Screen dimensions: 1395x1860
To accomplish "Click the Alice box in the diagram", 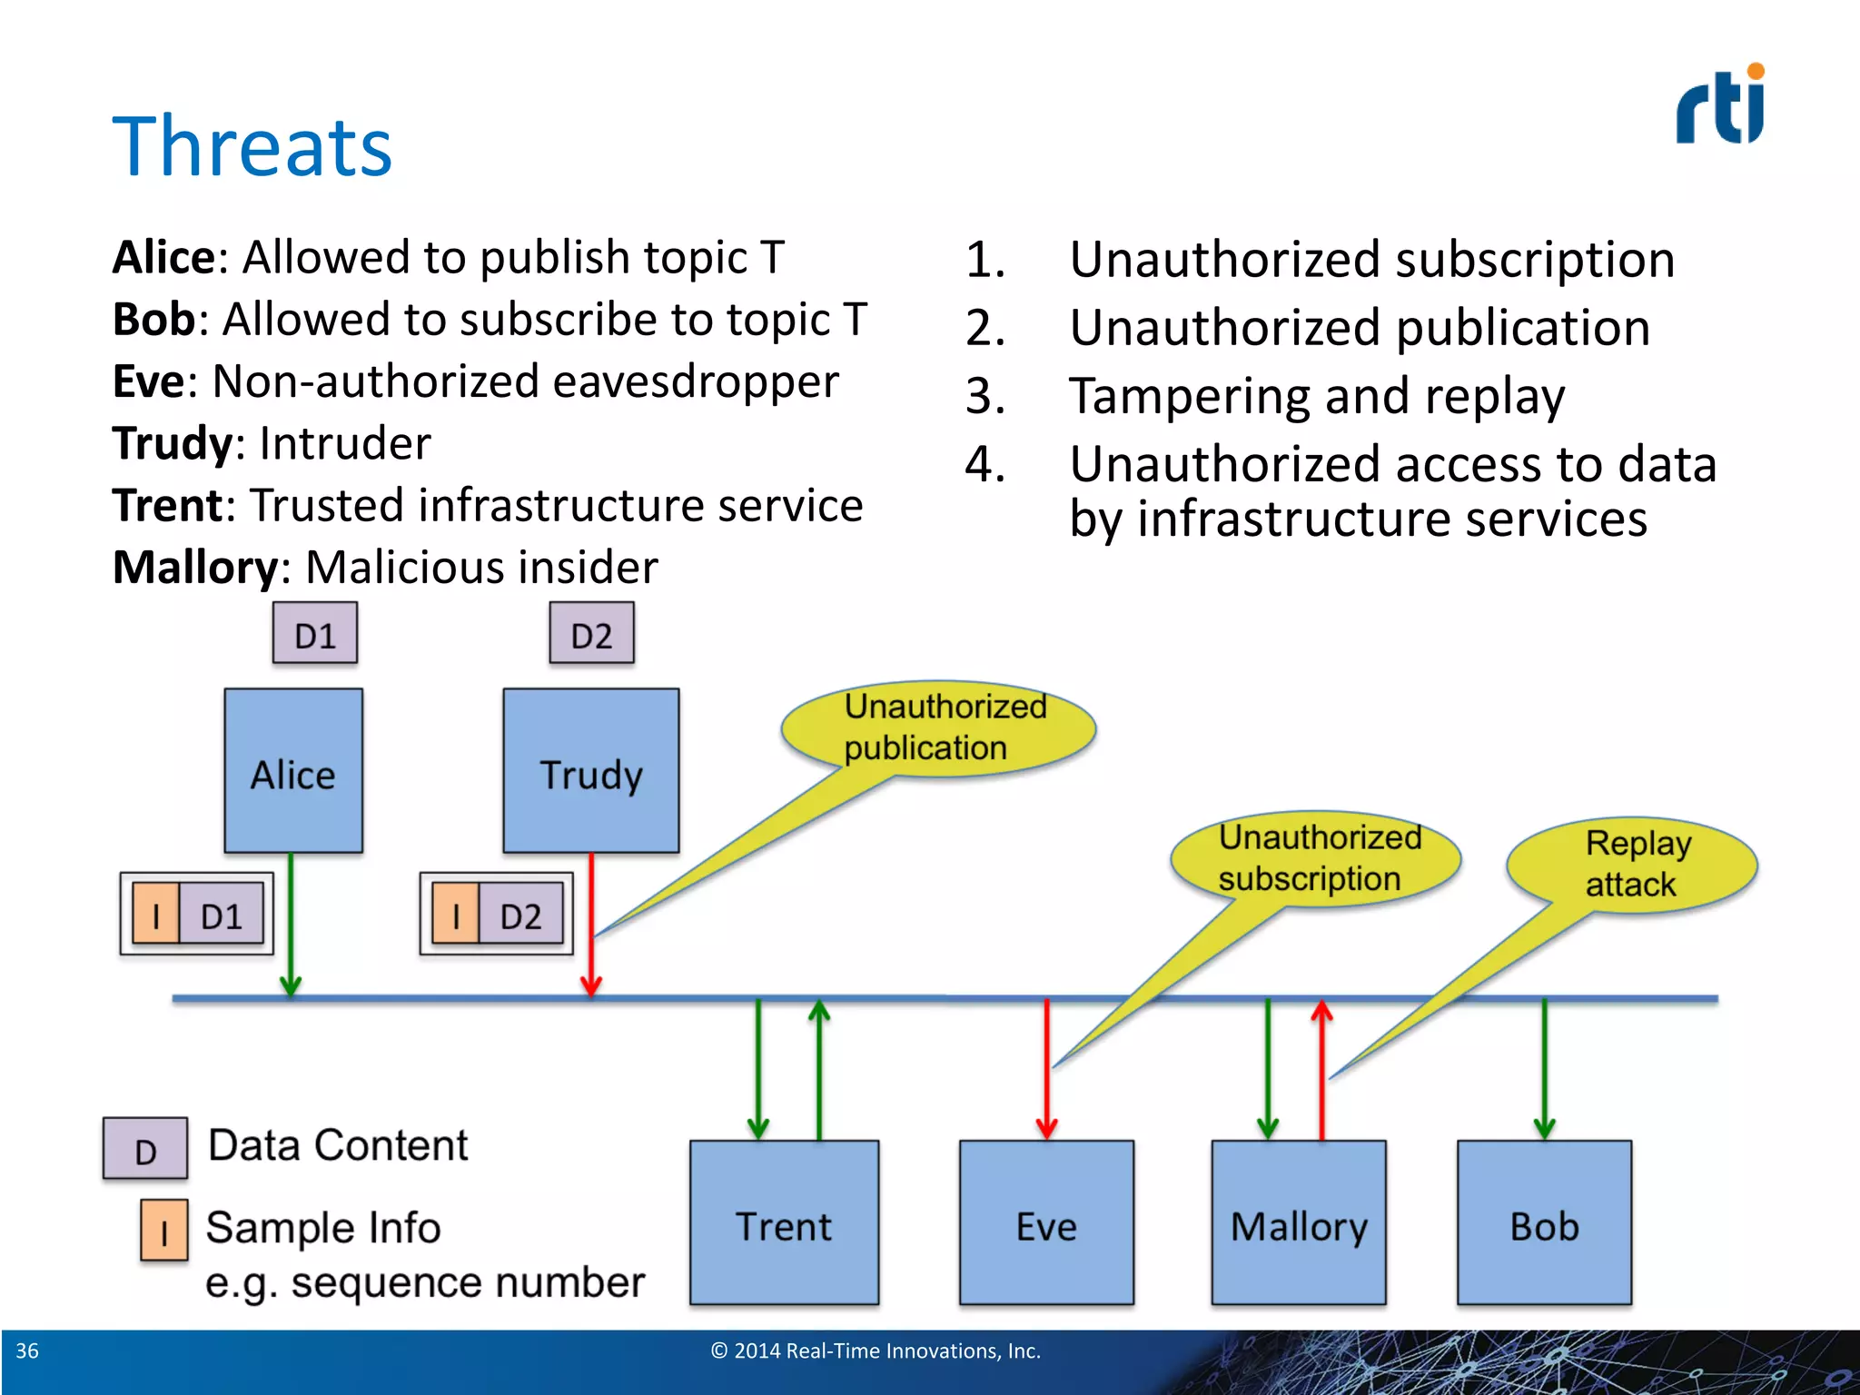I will tap(293, 770).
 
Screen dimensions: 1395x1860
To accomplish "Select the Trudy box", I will tap(591, 770).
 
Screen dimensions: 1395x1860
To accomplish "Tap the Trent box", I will tap(784, 1222).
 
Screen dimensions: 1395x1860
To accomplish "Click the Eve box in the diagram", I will tap(1046, 1222).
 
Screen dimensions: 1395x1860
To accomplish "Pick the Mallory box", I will tap(1299, 1222).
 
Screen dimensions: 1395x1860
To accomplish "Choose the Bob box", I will tap(1544, 1222).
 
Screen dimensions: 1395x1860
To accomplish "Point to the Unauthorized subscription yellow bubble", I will tap(1317, 858).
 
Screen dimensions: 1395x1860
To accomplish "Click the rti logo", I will tap(1720, 105).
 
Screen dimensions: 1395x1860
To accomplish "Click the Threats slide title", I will tap(252, 147).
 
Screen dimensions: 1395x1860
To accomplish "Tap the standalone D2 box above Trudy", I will tap(591, 634).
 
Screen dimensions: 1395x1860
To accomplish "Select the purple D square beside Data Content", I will tap(145, 1149).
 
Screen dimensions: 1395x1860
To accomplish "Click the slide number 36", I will tap(27, 1350).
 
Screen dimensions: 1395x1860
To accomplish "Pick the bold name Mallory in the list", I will tap(195, 568).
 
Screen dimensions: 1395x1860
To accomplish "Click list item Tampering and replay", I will tap(1317, 396).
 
